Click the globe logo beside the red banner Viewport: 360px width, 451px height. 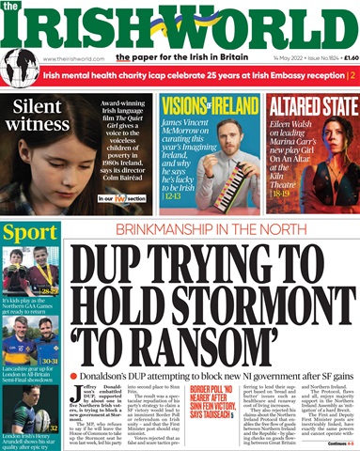[20, 70]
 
